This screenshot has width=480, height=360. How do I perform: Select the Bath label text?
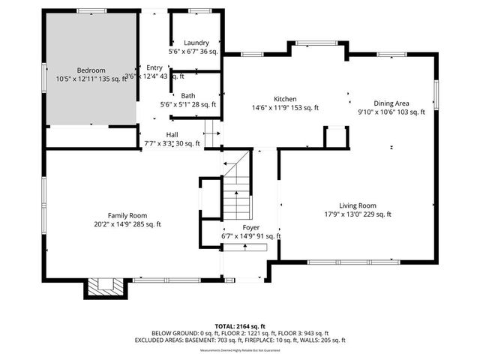click(x=187, y=96)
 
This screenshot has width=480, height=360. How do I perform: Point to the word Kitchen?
click(x=285, y=99)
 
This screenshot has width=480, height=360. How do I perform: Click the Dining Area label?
click(x=391, y=103)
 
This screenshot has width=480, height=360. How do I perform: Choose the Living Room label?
click(x=357, y=205)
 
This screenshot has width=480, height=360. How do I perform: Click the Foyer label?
click(x=250, y=227)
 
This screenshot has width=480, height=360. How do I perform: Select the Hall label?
click(x=172, y=134)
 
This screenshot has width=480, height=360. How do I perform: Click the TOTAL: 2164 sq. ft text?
click(x=240, y=326)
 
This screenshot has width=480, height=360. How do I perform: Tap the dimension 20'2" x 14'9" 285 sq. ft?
click(x=127, y=224)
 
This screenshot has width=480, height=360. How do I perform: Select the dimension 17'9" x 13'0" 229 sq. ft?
click(x=357, y=214)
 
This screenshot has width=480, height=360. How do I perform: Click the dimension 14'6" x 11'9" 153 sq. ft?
click(x=285, y=108)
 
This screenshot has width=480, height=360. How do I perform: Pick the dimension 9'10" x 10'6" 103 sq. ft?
click(x=391, y=112)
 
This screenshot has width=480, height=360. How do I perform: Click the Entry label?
click(x=154, y=67)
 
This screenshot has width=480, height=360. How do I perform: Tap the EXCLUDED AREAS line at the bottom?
click(x=240, y=340)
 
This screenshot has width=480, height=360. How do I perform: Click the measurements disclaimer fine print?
click(x=240, y=349)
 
